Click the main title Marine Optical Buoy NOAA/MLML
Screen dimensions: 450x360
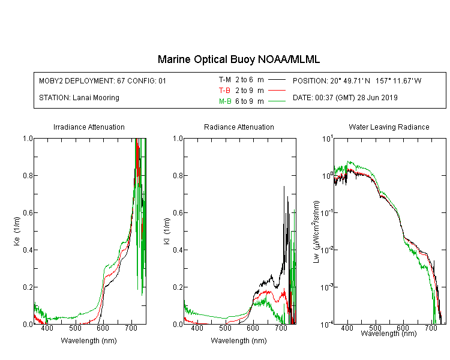tap(238, 59)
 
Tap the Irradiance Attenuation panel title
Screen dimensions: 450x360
tap(89, 127)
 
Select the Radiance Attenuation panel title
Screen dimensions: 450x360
tap(239, 127)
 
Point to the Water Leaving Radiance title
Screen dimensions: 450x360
tap(389, 127)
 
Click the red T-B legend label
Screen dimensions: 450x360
tap(224, 91)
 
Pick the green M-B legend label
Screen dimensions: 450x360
tap(225, 101)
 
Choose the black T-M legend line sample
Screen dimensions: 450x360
tap(277, 80)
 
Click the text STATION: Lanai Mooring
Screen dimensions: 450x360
tap(79, 98)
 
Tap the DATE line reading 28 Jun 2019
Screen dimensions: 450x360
tap(345, 98)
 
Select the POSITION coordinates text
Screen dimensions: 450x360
tap(357, 80)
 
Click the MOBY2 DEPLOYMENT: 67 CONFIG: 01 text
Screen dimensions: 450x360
tap(103, 80)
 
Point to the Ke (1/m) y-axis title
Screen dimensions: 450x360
tap(17, 231)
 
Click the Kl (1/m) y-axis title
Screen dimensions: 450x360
tap(167, 231)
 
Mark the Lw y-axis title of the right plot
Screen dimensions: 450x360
tap(316, 232)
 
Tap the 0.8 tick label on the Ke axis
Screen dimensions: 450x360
tap(28, 175)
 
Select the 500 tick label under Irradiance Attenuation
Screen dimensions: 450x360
tap(75, 328)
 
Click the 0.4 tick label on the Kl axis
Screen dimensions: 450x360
tap(178, 250)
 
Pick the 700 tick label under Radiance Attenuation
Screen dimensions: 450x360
tap(281, 328)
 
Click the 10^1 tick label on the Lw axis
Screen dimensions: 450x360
tap(328, 139)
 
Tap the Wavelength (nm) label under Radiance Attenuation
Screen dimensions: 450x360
tap(239, 341)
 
